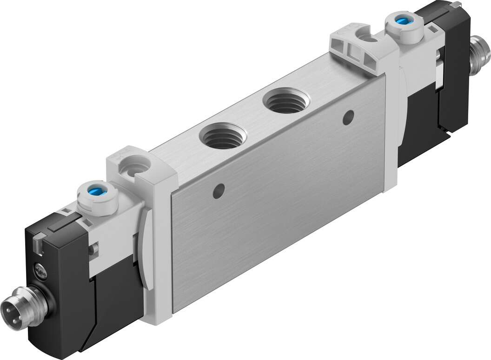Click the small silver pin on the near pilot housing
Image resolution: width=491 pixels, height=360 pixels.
[94, 249]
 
